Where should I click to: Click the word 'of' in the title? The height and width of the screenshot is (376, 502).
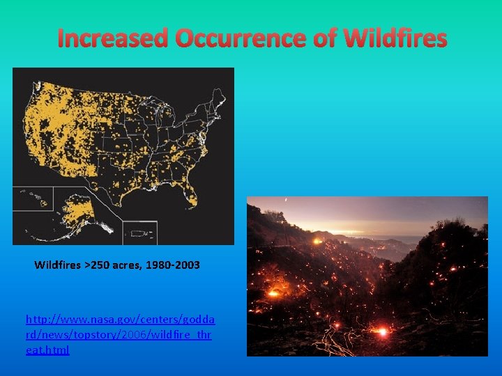(x=325, y=38)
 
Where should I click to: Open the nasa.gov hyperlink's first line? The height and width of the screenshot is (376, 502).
(x=120, y=319)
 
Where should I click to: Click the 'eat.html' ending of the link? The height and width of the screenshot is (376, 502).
(x=47, y=350)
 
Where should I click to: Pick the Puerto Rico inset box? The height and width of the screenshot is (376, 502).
(x=139, y=232)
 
